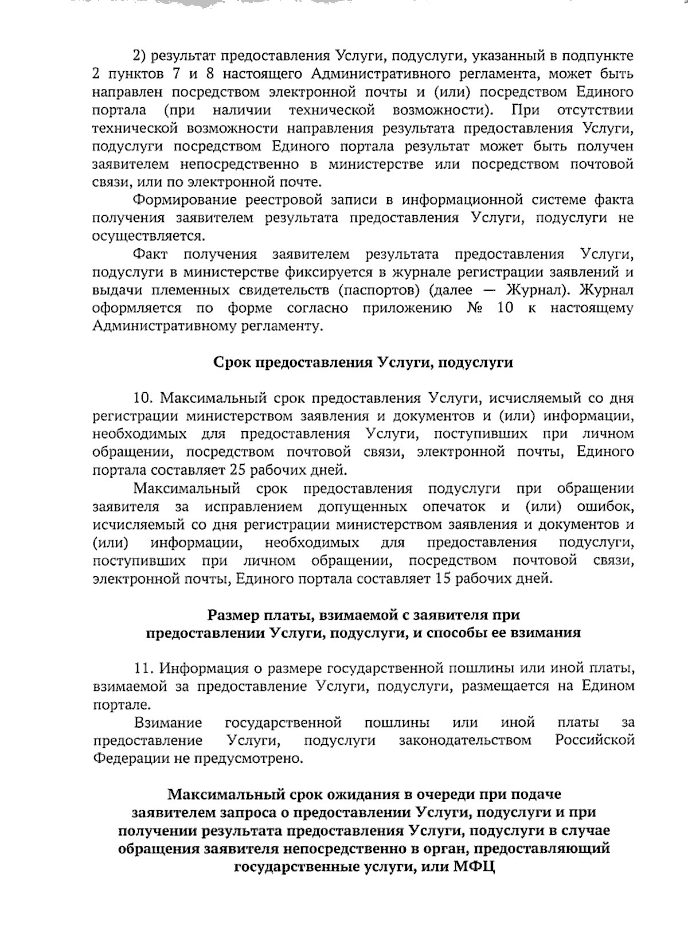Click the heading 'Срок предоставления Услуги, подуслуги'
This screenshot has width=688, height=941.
(x=363, y=362)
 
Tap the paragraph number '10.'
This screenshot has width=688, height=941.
(x=144, y=398)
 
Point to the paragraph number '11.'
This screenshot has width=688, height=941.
(x=144, y=668)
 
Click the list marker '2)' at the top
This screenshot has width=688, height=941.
(x=140, y=56)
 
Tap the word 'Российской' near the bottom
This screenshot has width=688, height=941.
(x=595, y=740)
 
